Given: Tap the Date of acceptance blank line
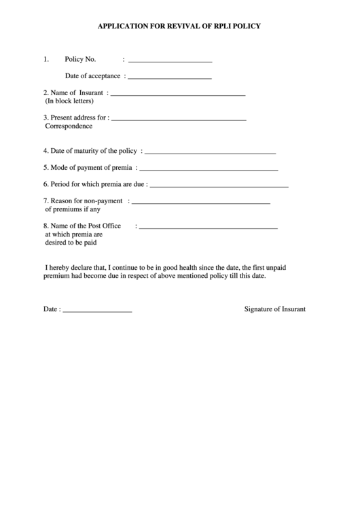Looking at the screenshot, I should tap(170, 78).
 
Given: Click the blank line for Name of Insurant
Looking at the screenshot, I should tap(177, 94).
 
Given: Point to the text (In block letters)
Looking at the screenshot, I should tap(69, 101).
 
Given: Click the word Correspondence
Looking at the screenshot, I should tap(69, 126).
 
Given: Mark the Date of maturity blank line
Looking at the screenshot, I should tap(210, 153).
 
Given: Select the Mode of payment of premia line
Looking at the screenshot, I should tap(208, 169).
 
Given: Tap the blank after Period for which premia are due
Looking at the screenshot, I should tap(219, 186).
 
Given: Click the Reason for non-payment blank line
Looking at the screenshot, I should tap(200, 203).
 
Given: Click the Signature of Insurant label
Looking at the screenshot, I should tap(275, 309).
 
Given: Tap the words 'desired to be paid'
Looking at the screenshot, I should tap(71, 242).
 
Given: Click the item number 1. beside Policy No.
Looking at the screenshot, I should tap(46, 59).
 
